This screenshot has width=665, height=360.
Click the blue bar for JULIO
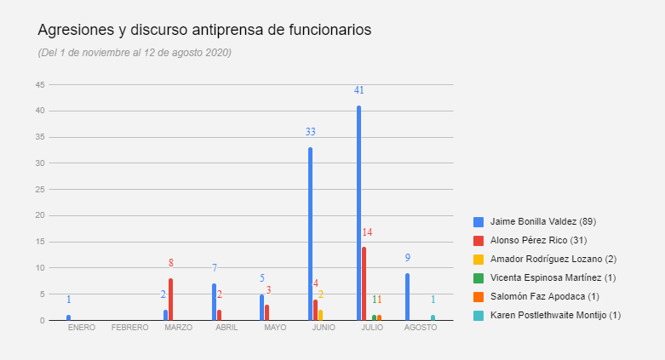358,213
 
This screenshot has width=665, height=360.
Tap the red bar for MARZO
170,300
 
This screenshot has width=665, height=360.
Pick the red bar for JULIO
364,283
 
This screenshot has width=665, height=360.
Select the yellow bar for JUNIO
320,315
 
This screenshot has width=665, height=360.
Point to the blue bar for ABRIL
214,302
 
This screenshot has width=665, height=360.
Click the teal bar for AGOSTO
433,317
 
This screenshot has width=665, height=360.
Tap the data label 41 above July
359,90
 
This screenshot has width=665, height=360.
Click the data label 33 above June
311,132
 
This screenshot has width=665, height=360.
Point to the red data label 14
367,232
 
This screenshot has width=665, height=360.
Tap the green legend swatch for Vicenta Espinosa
479,277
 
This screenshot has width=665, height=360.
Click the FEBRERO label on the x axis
129,328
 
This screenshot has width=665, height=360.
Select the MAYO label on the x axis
275,328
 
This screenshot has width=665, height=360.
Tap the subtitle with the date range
135,53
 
